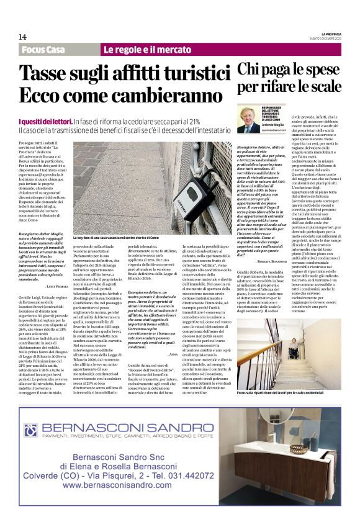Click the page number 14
click(22, 37)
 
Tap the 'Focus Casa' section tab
click(43, 50)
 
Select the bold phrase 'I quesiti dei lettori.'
click(37, 122)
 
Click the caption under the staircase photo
click(288, 376)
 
